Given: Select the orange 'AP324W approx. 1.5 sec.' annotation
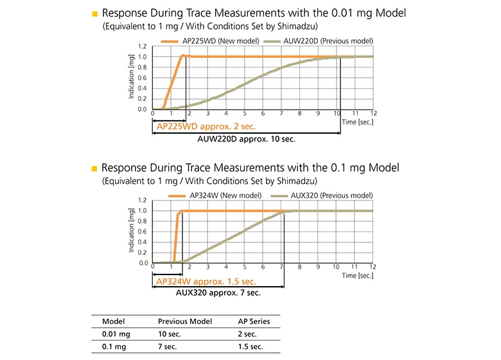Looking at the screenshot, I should [x=206, y=281].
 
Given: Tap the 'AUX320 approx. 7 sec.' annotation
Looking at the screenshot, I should [x=218, y=292].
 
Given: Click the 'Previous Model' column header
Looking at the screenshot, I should [x=185, y=321].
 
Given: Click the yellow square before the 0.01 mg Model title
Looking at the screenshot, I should [x=94, y=14].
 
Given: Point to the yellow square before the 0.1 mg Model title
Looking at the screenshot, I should [x=94, y=168].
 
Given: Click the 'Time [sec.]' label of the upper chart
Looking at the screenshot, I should [x=357, y=122].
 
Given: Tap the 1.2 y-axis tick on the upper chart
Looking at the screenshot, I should [x=142, y=46].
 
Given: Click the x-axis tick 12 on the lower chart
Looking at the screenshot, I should [x=373, y=267].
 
